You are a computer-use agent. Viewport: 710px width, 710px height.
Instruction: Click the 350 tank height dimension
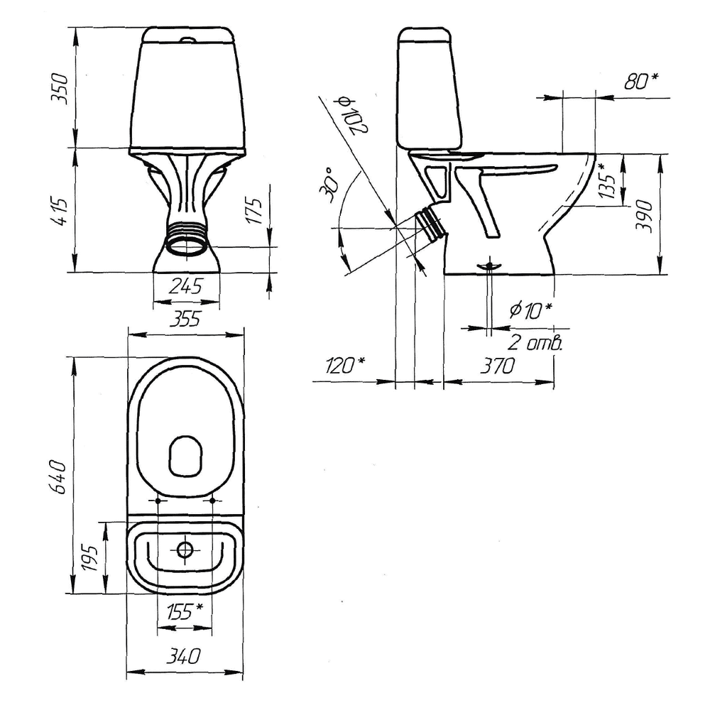(60, 88)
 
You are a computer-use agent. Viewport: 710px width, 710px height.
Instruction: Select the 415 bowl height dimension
(60, 211)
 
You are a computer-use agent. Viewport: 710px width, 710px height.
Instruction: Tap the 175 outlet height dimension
(254, 211)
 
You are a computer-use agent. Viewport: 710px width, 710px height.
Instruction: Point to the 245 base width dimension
(185, 286)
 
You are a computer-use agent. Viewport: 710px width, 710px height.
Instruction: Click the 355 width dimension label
(185, 319)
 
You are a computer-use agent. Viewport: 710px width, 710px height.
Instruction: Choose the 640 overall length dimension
(60, 477)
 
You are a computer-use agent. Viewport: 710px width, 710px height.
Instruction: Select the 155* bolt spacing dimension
(185, 612)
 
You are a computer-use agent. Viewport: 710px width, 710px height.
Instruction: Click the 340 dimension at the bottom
(183, 656)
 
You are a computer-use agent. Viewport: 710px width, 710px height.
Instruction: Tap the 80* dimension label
(641, 81)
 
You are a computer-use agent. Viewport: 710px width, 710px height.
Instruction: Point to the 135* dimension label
(607, 180)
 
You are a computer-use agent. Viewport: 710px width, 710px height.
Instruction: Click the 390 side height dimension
(645, 216)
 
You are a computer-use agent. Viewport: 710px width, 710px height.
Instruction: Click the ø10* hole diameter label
(530, 310)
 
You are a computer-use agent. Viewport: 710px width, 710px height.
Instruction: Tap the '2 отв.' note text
(535, 343)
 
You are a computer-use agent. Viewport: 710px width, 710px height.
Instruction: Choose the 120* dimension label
(345, 365)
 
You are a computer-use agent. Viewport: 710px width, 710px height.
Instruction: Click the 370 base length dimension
(498, 366)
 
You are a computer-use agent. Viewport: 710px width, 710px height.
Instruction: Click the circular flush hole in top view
(185, 550)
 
